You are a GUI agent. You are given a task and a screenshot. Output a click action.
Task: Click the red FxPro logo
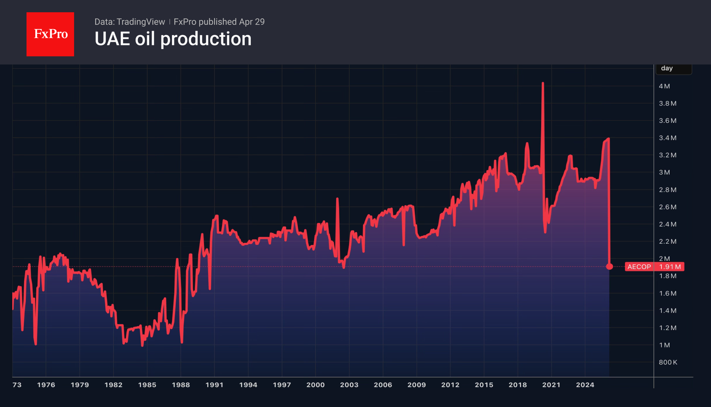tap(50, 34)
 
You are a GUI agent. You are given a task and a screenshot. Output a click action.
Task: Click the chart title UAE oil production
tap(173, 39)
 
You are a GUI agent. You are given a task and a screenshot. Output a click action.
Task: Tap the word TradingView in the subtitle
tap(140, 22)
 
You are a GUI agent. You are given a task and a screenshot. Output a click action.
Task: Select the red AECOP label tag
tap(639, 267)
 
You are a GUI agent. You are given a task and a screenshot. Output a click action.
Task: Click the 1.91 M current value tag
tap(670, 267)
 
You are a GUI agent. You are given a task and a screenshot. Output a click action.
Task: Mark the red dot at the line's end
tap(609, 266)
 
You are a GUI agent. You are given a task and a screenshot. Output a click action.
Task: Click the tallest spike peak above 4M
tap(543, 83)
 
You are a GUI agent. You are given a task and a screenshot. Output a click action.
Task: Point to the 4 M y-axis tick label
tap(664, 86)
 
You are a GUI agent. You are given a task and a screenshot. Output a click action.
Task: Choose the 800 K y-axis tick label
tap(668, 362)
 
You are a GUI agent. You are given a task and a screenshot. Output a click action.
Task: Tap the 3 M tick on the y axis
tap(664, 172)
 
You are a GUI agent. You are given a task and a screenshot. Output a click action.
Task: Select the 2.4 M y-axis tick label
tap(667, 224)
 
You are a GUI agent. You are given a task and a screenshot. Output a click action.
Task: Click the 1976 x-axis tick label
tap(46, 385)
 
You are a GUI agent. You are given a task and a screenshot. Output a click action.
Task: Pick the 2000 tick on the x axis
tap(315, 385)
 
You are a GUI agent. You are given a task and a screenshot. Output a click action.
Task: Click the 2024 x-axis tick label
tap(585, 385)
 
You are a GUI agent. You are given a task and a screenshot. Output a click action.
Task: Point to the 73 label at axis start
tap(17, 385)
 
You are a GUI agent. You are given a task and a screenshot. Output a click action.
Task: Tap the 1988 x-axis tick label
tap(181, 385)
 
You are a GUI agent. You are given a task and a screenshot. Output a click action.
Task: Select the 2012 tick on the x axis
tap(450, 385)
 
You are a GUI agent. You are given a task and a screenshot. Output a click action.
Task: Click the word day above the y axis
tap(667, 68)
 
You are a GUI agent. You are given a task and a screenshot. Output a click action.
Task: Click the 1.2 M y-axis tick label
tap(667, 328)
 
